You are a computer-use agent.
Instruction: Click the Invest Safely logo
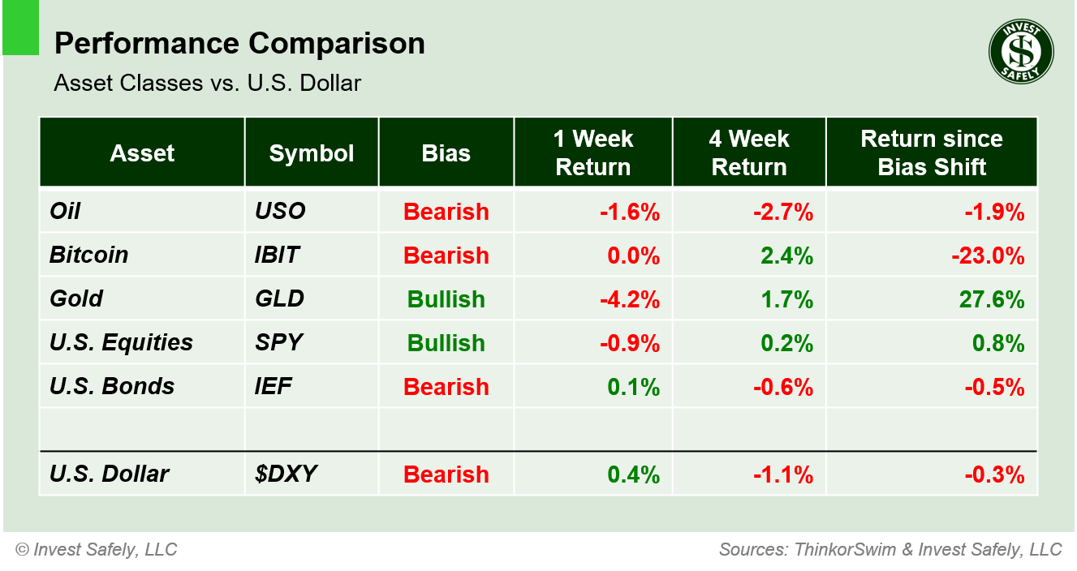coord(1020,52)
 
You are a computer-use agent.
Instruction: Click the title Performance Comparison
coord(239,44)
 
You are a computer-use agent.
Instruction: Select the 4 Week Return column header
coord(748,152)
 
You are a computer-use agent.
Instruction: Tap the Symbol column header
coord(312,153)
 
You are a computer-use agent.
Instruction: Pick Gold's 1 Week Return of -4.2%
coord(629,299)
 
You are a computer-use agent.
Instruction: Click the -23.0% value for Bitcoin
coord(988,255)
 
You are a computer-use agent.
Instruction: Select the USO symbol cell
coord(280,212)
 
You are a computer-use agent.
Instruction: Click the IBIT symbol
coord(277,255)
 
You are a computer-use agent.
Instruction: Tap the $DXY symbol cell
coord(281,474)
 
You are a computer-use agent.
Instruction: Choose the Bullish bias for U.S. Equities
coord(446,343)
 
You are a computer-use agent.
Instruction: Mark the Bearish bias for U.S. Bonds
coord(446,387)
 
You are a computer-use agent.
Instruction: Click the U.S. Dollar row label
coord(109,474)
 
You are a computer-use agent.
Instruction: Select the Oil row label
coord(65,212)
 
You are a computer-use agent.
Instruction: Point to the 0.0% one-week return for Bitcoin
coord(633,255)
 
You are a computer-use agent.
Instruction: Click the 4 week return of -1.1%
coord(783,474)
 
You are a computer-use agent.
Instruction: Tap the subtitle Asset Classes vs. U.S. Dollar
coord(207,83)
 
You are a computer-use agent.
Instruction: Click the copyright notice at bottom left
coord(96,549)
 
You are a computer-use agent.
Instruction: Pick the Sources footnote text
coord(890,549)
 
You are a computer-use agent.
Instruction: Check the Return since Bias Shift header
coord(932,152)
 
